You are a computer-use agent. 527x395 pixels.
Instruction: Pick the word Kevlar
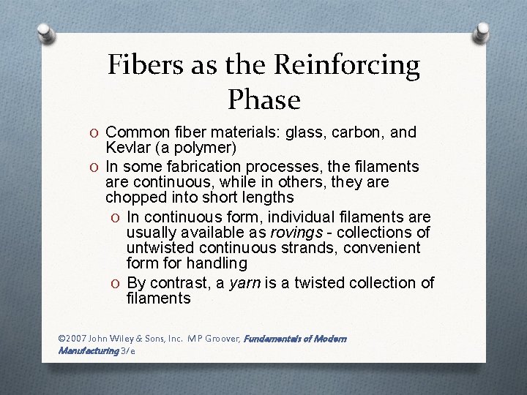click(126, 148)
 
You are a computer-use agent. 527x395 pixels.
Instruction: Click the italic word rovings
click(296, 232)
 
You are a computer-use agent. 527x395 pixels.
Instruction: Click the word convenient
click(386, 248)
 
